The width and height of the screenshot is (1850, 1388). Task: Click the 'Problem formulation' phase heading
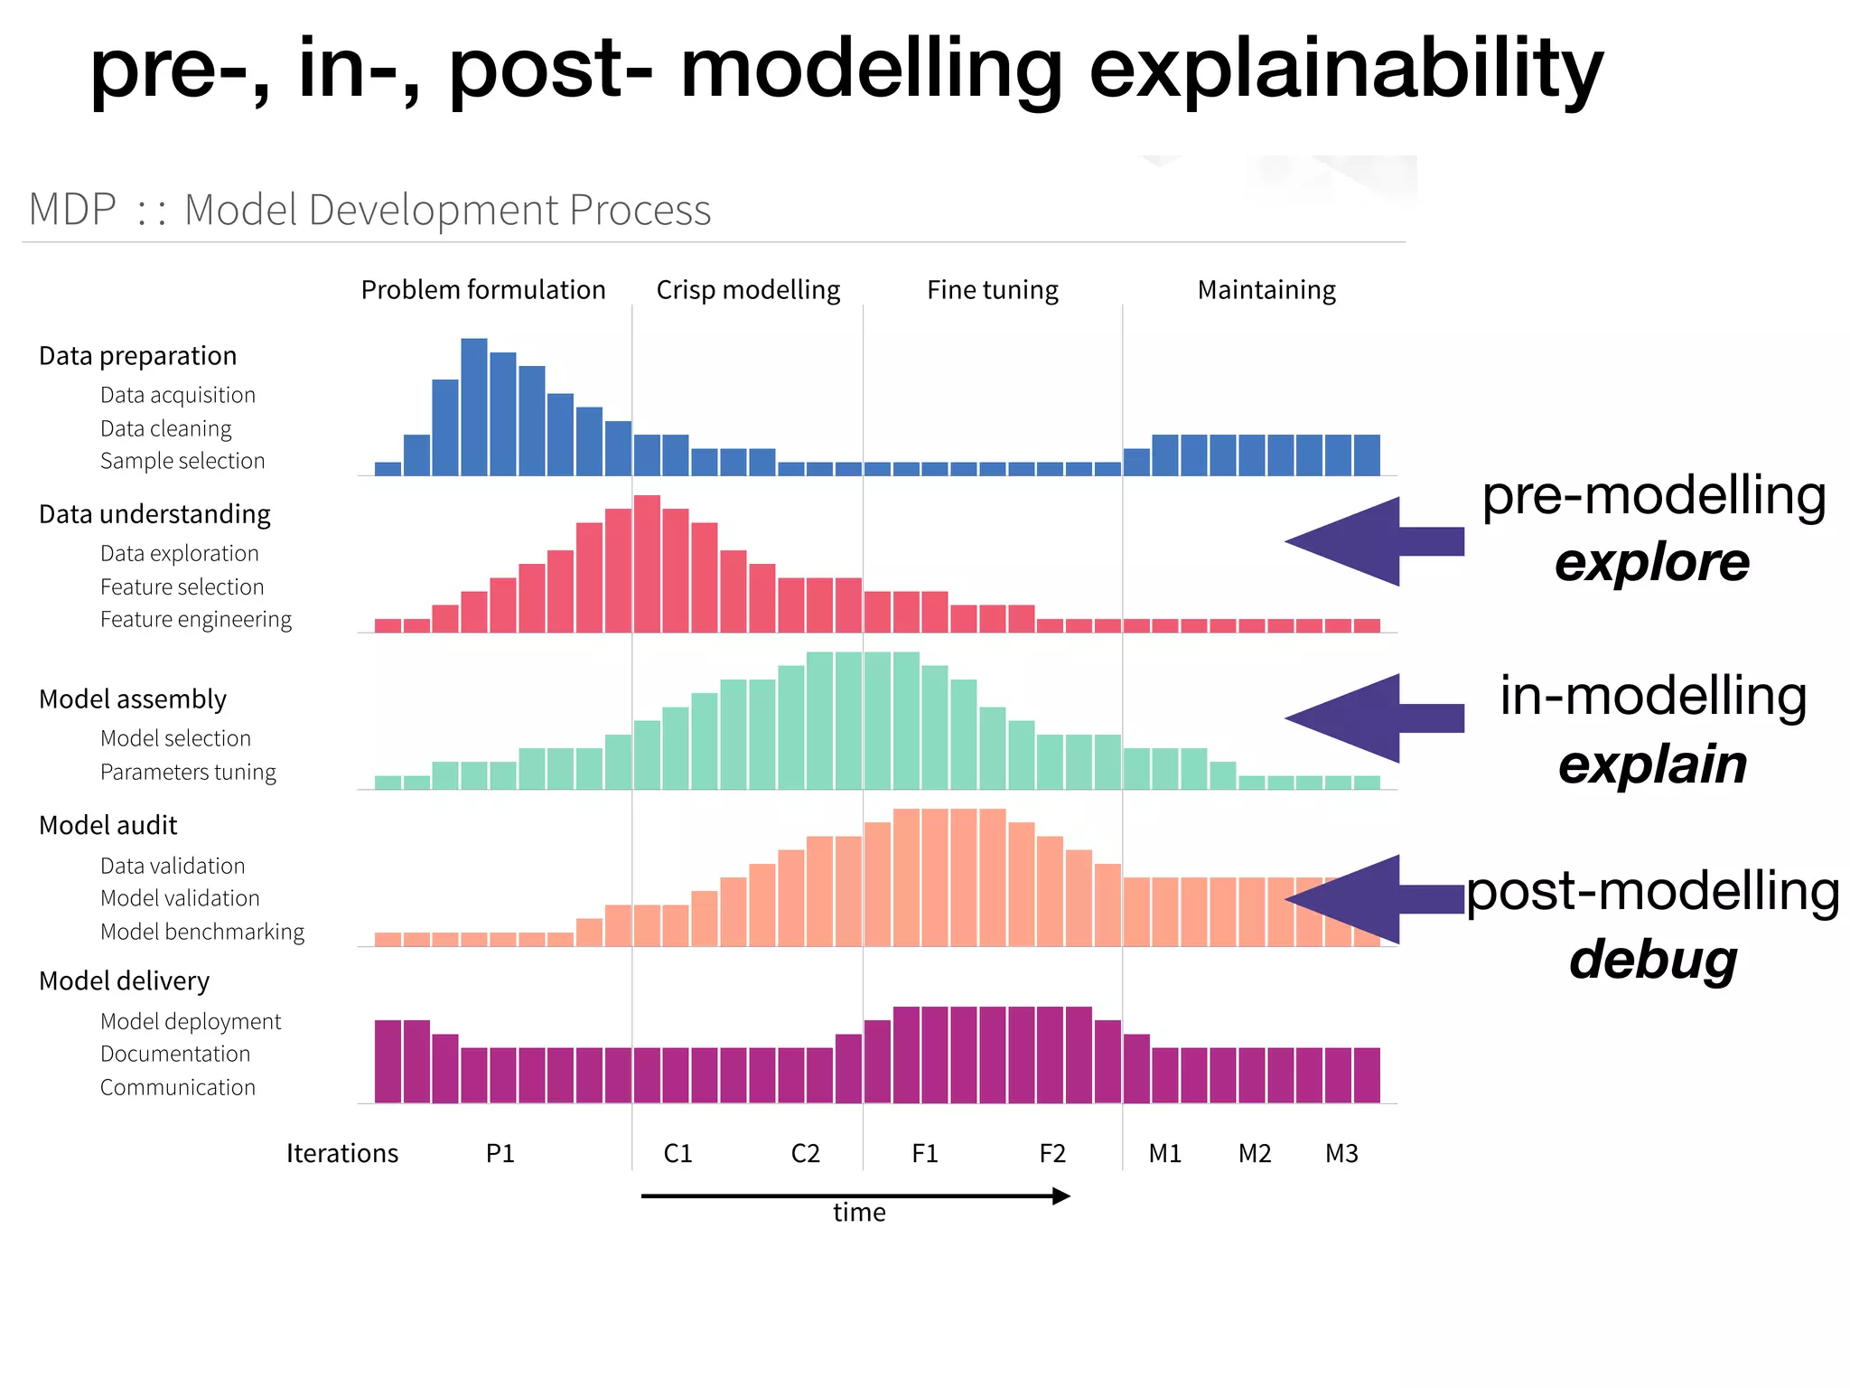483,290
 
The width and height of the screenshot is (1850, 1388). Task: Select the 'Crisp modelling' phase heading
748,290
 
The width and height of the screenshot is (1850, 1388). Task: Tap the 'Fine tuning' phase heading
992,290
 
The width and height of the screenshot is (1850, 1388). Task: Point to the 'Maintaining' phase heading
1266,290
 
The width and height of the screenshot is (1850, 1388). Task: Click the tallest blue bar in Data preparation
474,407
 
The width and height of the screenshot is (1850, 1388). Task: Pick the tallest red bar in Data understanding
647,563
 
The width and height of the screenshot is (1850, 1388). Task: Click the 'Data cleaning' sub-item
165,428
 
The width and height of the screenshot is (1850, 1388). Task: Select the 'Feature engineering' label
196,620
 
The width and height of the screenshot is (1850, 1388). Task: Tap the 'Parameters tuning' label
188,773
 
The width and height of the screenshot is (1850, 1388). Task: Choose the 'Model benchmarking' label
202,932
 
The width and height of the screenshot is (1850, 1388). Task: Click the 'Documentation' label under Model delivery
175,1055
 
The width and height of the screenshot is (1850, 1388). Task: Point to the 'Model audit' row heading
107,825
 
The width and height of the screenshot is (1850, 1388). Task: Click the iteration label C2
805,1154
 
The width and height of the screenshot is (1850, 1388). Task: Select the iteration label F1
925,1154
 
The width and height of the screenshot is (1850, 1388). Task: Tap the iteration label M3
1341,1154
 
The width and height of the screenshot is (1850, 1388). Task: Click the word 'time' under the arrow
859,1213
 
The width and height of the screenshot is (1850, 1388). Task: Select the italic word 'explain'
1652,764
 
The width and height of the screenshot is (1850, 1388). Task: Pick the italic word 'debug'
1652,960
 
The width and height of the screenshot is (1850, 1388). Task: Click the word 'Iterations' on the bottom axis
341,1154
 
